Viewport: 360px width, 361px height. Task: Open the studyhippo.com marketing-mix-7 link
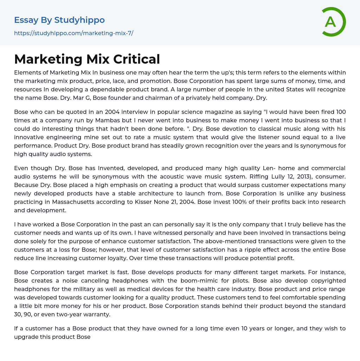click(73, 33)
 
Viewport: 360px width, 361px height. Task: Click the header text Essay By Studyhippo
click(59, 20)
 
